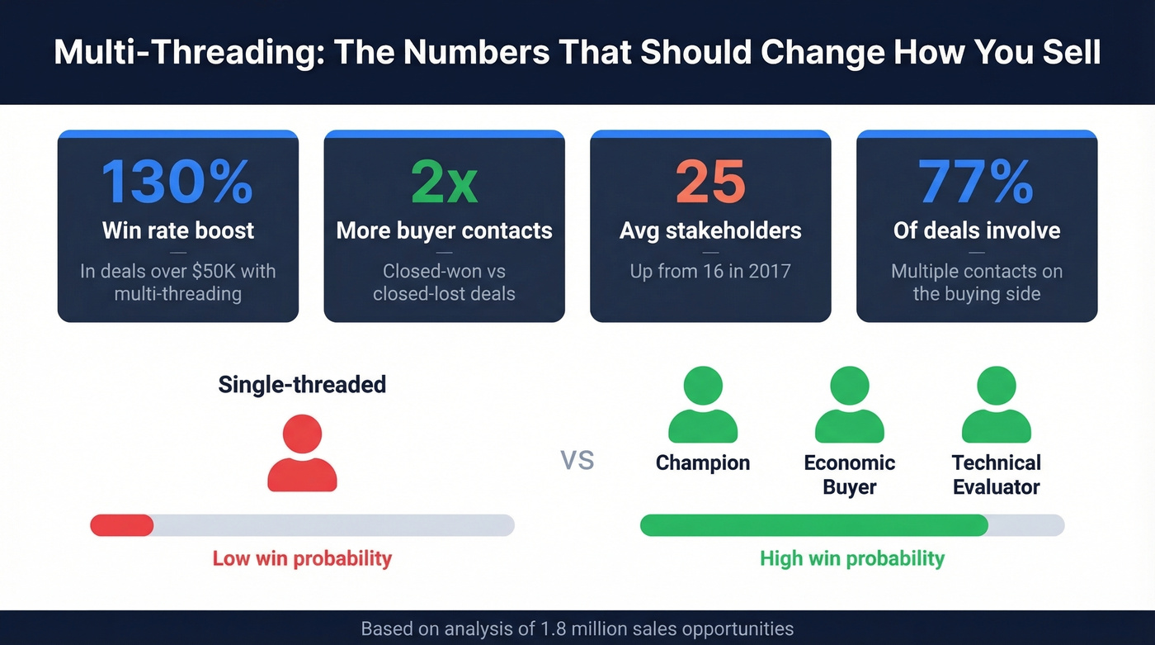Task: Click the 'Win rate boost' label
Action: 178,230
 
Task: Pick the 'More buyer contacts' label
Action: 444,230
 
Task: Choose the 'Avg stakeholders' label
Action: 710,230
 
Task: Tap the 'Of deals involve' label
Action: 977,230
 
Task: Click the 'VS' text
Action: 577,460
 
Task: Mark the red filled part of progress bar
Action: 122,525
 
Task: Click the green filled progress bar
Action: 813,525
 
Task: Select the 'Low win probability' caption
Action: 302,558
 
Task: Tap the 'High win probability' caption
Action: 851,558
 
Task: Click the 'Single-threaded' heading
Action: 302,384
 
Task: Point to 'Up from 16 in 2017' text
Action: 710,271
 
